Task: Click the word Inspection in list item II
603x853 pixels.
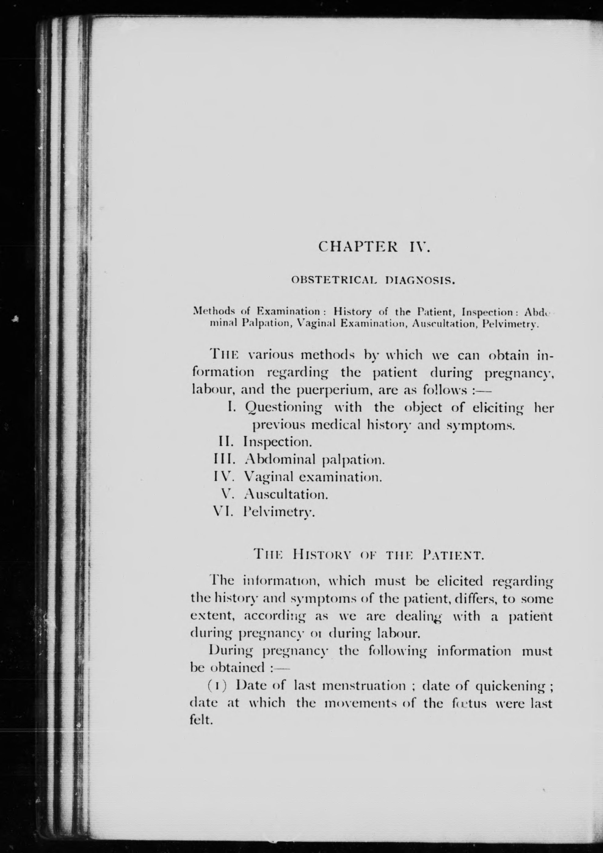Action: click(x=277, y=442)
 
